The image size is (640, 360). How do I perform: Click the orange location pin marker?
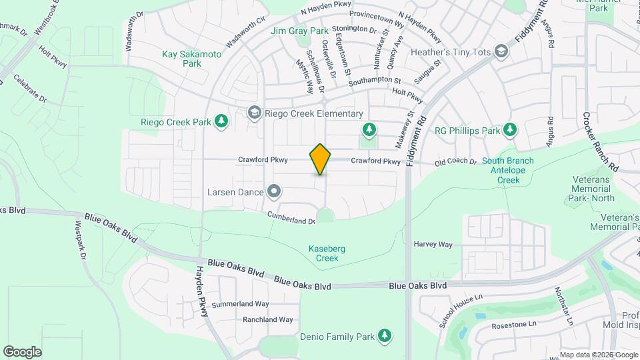pyautogui.click(x=320, y=159)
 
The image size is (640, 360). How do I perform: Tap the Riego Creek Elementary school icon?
pyautogui.click(x=253, y=113)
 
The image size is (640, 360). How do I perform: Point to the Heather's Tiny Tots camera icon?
pyautogui.click(x=501, y=52)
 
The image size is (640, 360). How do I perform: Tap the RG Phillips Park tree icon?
pyautogui.click(x=510, y=129)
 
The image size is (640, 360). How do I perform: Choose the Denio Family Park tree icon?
pyautogui.click(x=384, y=337)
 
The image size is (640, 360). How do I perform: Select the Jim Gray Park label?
pyautogui.click(x=299, y=31)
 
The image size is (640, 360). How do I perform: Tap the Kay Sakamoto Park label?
pyautogui.click(x=182, y=59)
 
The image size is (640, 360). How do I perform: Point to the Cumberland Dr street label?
pyautogui.click(x=291, y=218)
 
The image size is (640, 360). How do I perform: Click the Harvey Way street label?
pyautogui.click(x=433, y=244)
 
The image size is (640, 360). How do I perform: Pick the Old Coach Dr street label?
pyautogui.click(x=455, y=162)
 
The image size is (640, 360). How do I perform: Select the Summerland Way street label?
pyautogui.click(x=240, y=304)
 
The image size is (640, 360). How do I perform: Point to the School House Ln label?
pyautogui.click(x=461, y=310)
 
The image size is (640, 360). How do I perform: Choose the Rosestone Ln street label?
pyautogui.click(x=513, y=325)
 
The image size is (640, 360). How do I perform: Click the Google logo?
pyautogui.click(x=22, y=351)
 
